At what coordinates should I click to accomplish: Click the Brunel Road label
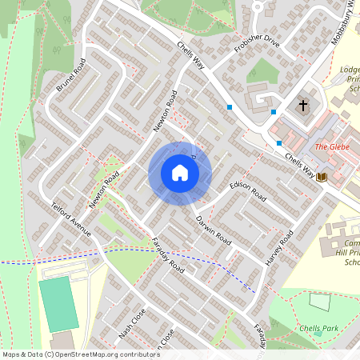click(x=70, y=74)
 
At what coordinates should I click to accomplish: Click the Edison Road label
click(x=247, y=188)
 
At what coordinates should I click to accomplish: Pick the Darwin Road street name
click(x=213, y=229)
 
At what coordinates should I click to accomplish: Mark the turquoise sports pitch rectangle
click(x=58, y=305)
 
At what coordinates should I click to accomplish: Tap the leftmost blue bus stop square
click(x=230, y=107)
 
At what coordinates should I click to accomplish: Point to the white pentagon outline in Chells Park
click(x=319, y=302)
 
